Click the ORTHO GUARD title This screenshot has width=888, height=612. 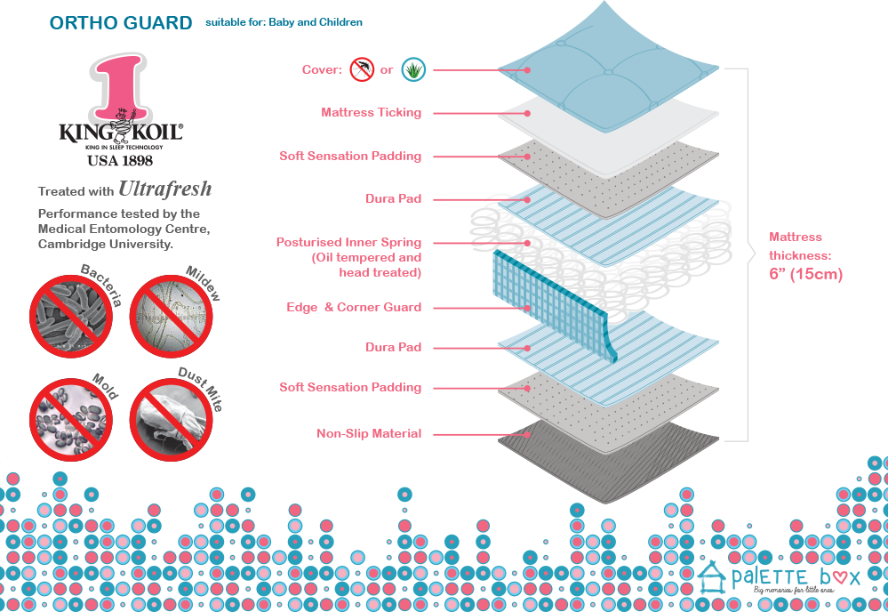(121, 23)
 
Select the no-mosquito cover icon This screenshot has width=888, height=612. (362, 69)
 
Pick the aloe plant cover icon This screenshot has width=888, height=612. (412, 69)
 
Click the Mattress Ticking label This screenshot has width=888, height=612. (371, 113)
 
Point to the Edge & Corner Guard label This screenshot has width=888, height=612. (354, 307)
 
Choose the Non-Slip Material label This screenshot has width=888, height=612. (369, 434)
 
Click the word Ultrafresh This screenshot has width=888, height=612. (165, 189)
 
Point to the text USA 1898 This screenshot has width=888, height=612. (120, 161)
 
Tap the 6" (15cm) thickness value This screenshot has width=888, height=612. (804, 274)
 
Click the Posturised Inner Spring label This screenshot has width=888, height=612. (348, 242)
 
